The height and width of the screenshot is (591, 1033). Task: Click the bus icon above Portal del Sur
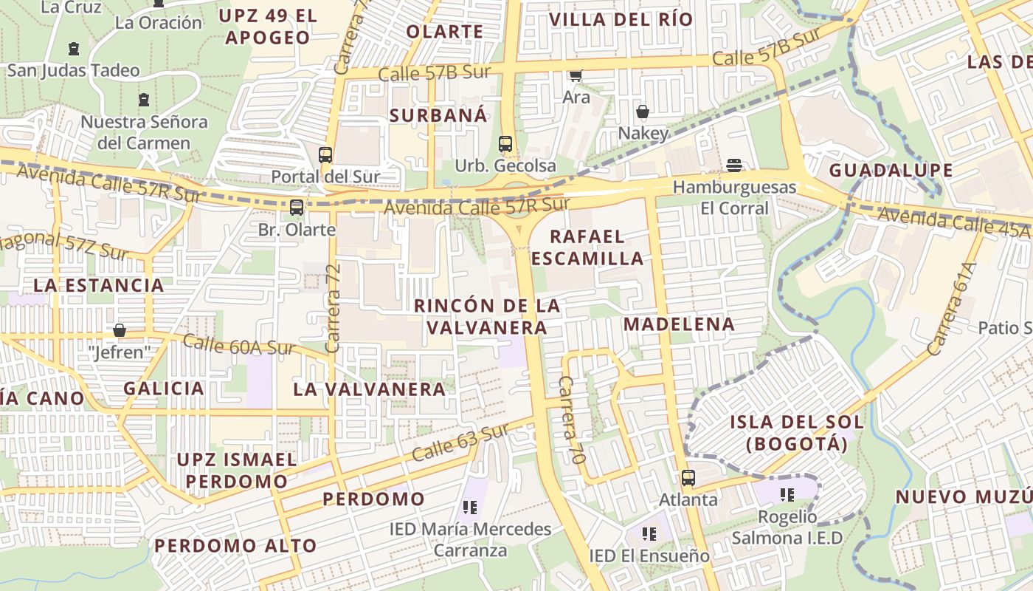pos(325,155)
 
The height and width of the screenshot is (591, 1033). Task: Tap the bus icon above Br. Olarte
pos(297,208)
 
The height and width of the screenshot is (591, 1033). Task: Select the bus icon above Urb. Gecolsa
pos(505,144)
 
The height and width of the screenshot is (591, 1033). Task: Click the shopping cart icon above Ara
pos(576,75)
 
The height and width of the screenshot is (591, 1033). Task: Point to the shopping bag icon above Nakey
pos(643,112)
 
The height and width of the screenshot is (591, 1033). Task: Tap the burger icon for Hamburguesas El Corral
pos(733,165)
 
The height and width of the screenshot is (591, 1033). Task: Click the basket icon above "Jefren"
pos(120,330)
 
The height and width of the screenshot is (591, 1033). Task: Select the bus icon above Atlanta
pos(688,478)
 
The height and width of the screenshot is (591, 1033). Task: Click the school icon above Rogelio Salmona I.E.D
pos(787,494)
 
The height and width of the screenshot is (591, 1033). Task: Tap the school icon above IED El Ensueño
pos(649,533)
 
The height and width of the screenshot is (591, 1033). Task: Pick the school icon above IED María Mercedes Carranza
pos(470,508)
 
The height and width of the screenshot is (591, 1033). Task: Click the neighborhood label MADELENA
pos(679,324)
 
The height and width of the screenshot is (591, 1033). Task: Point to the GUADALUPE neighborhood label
pos(891,171)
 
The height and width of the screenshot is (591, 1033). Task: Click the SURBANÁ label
pos(438,115)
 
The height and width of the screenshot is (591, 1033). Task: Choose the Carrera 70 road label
pos(571,420)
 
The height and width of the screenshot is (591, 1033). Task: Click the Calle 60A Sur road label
pos(238,344)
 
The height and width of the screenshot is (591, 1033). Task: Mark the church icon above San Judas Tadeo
pos(73,49)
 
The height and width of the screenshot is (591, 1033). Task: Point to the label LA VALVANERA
pos(369,389)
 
